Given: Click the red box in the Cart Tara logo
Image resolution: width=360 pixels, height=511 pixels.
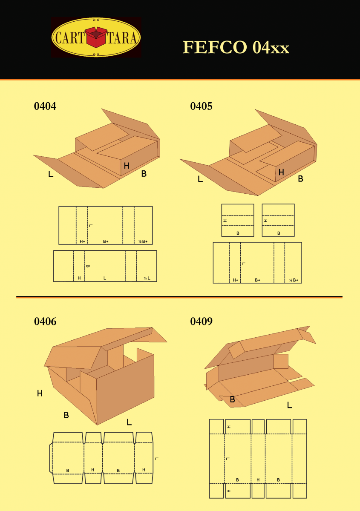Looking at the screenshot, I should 96,37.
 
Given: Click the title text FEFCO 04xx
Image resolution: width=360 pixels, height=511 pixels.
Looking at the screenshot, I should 236,47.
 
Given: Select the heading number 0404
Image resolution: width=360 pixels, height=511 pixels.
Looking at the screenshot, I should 45,106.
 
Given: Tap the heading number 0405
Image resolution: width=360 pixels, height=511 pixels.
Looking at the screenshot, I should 201,106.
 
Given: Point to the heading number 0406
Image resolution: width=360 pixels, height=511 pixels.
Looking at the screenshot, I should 45,322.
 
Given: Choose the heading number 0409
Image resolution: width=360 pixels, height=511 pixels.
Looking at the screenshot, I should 201,322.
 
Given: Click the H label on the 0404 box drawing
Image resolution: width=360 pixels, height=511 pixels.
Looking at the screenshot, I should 127,166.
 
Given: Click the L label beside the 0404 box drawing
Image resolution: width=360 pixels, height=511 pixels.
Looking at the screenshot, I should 51,174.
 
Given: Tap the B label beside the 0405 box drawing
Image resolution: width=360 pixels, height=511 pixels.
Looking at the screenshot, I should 300,179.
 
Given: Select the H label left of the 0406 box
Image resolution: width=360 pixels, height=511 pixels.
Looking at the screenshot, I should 40,393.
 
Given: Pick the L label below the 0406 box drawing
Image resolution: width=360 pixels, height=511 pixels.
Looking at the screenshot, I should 129,422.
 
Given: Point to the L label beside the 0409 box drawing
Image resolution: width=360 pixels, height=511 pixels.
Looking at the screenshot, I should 289,405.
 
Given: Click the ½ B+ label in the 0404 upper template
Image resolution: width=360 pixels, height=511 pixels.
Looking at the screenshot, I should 143,241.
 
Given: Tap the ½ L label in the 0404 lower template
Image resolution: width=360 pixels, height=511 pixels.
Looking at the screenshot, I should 147,278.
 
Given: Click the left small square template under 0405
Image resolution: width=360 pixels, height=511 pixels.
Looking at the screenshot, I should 238,220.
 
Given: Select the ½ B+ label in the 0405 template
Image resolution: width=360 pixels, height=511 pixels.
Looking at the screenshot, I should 294,280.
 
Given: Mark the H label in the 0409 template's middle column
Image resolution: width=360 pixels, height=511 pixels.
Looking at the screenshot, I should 258,480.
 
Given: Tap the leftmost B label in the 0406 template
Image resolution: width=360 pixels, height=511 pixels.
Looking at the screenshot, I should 67,471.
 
